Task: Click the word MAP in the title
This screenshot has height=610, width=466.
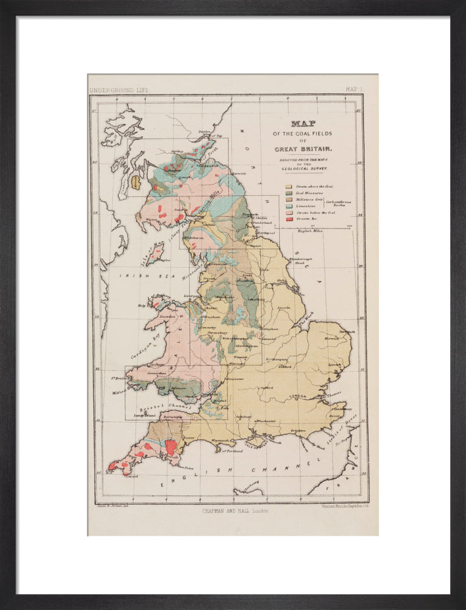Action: click(303, 123)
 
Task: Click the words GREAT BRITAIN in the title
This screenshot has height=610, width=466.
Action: click(303, 149)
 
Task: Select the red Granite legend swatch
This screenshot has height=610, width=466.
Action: click(288, 218)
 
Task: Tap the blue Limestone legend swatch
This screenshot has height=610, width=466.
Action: click(288, 206)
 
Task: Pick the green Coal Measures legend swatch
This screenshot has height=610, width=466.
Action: click(288, 193)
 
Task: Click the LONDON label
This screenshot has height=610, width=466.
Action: click(297, 396)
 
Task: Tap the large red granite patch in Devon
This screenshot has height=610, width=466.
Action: click(172, 447)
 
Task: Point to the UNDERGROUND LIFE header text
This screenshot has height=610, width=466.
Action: click(120, 90)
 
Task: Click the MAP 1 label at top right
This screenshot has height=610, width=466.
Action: click(354, 90)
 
